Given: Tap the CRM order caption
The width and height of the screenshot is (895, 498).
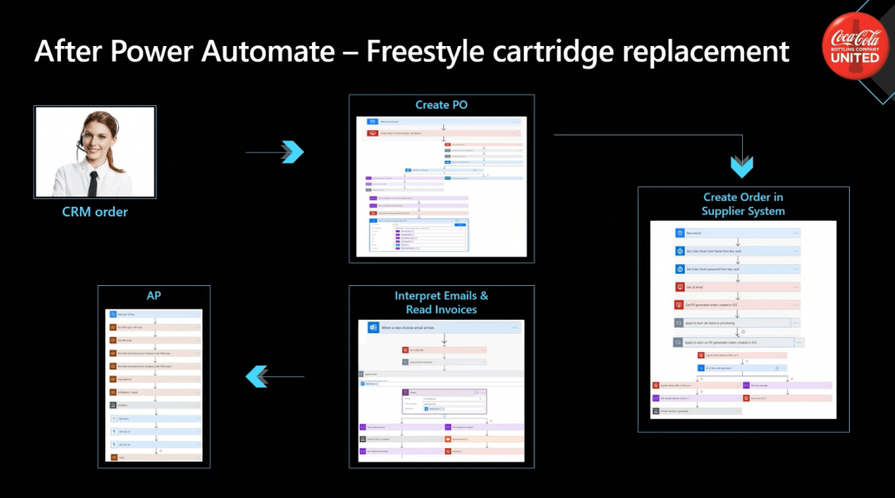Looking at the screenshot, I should coord(95,211).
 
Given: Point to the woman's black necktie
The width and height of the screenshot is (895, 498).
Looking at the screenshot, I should coord(93,179).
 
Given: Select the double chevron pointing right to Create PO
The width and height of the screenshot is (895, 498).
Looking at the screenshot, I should coord(293,152).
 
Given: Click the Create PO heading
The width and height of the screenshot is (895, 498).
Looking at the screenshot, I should coord(442,105).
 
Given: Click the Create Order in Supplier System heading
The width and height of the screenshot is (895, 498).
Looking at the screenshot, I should coord(743,204).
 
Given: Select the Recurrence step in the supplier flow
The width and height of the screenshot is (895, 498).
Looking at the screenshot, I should coord(737,233).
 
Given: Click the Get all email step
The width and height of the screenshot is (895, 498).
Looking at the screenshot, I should coord(737,287).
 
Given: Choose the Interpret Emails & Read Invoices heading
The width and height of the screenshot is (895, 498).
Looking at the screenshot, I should coord(441,302).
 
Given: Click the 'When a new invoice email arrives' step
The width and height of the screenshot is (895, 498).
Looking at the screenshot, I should coord(443,328).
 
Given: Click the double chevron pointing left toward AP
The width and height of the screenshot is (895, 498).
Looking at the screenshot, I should coord(256,375).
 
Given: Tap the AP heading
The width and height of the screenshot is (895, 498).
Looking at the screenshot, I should coord(154,295).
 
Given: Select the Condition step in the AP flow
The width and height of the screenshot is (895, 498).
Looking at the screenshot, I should coord(154,405).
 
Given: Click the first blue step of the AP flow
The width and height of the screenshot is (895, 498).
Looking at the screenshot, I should coord(154,313).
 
